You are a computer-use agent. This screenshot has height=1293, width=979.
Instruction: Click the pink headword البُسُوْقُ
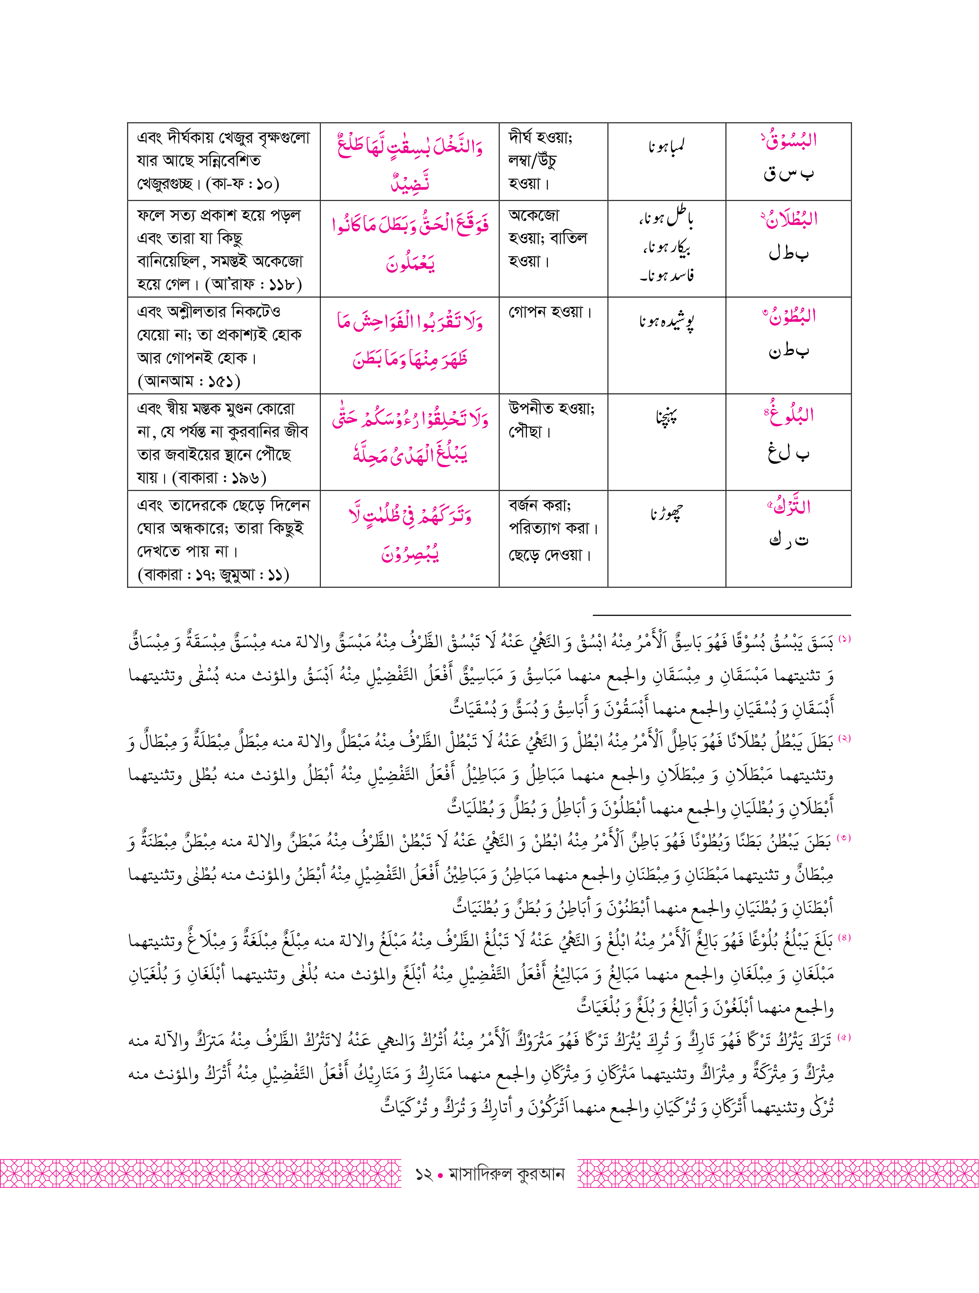[789, 140]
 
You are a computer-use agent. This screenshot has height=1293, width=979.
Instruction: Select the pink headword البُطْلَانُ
[789, 219]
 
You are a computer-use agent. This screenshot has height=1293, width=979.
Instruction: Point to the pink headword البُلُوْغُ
[789, 415]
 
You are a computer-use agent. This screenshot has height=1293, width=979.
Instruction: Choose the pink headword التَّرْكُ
[789, 507]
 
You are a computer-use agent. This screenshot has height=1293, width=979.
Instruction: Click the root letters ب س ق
[788, 174]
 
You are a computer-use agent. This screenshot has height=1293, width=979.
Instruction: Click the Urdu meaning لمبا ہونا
[666, 146]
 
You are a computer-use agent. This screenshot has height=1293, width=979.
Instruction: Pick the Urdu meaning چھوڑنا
[666, 514]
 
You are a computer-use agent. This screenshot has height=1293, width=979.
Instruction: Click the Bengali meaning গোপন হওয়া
[550, 312]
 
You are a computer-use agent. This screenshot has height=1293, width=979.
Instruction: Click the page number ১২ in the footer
[423, 1174]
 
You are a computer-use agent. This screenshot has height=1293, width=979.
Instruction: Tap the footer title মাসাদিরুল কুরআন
[507, 1174]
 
